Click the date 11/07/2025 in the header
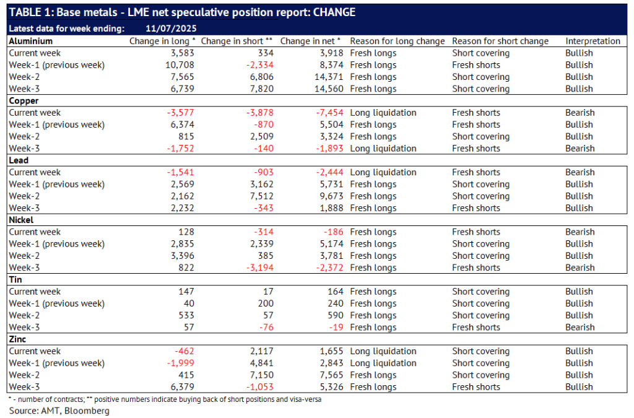171,28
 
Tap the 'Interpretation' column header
593,41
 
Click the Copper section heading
24,101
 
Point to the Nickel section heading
21,220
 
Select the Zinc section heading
17,339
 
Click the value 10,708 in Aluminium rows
180,65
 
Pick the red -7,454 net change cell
329,113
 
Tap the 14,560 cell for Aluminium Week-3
329,89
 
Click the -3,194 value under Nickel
260,268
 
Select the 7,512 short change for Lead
262,196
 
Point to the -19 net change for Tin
336,328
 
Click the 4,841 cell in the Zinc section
262,363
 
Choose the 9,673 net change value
332,196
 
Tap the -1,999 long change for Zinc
181,363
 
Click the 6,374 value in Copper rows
183,124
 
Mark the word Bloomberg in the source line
87,411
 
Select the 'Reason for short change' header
500,41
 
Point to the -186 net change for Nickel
334,232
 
